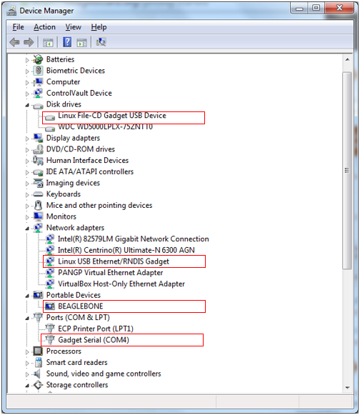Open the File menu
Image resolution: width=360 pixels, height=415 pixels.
point(18,27)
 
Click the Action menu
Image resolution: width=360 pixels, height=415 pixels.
point(44,27)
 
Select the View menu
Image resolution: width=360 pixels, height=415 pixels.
point(74,27)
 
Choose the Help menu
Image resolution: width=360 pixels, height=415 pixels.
point(99,27)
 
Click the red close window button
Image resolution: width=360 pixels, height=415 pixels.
point(339,8)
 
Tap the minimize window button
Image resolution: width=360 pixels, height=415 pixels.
point(299,8)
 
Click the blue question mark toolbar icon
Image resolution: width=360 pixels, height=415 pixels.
point(67,42)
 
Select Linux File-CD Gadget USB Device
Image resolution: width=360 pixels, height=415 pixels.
point(112,116)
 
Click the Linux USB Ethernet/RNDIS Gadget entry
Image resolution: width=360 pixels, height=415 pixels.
point(114,261)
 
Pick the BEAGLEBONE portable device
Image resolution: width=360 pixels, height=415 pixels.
point(81,306)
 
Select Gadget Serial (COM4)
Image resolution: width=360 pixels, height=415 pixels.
point(94,340)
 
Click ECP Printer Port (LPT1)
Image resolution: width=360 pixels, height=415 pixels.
point(96,329)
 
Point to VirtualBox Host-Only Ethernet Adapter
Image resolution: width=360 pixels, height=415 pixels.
point(121,284)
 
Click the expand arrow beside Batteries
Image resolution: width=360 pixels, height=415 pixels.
point(27,60)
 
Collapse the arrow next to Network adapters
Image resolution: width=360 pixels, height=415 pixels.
point(27,229)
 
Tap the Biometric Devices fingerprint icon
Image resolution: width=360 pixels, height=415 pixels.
point(38,71)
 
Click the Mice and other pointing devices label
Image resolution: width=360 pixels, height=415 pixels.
point(99,206)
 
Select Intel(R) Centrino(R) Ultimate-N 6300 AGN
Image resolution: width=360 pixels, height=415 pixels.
point(126,250)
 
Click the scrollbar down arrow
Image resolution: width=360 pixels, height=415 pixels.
point(347,388)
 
